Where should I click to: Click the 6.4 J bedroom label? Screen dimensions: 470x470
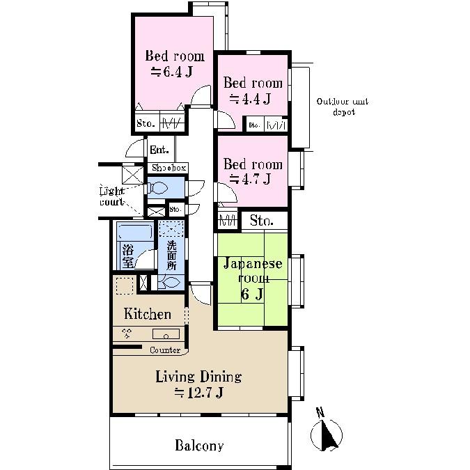[x=174, y=63]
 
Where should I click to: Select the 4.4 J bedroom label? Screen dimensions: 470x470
[x=252, y=91]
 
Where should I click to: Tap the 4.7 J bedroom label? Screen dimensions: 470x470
[x=252, y=171]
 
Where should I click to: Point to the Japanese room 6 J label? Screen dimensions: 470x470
[x=252, y=279]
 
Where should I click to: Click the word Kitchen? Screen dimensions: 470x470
[x=147, y=314]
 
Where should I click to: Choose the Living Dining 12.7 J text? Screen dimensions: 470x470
[x=198, y=384]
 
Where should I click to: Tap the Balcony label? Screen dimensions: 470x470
[x=199, y=446]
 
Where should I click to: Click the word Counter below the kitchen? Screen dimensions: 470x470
[x=165, y=350]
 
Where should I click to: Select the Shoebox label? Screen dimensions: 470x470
[x=169, y=168]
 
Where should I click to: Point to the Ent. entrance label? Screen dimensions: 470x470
[x=159, y=150]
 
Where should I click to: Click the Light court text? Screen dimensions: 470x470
[x=111, y=196]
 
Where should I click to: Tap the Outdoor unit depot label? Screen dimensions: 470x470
[x=342, y=107]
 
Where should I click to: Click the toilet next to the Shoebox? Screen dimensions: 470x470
[x=159, y=188]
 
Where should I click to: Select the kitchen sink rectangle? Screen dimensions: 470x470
[x=166, y=334]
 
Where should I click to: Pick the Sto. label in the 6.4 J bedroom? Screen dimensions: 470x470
[x=146, y=124]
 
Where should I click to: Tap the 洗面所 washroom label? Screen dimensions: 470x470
[x=171, y=256]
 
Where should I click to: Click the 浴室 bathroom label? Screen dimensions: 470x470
[x=127, y=256]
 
